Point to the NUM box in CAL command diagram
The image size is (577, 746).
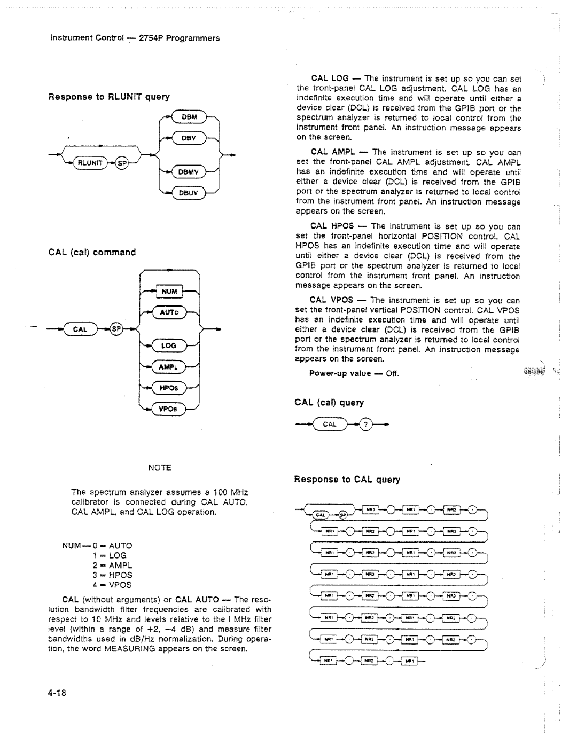169,292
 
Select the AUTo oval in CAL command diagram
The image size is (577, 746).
169,312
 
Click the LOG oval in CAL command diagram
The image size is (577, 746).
168,345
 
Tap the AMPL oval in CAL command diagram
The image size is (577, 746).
169,367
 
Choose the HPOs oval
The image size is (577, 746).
169,388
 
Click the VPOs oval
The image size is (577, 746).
169,409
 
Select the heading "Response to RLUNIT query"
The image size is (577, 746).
109,97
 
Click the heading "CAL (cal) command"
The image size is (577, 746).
92,252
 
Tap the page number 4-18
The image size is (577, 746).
57,693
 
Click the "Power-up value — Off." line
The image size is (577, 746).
354,373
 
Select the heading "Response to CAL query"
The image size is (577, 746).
347,480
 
